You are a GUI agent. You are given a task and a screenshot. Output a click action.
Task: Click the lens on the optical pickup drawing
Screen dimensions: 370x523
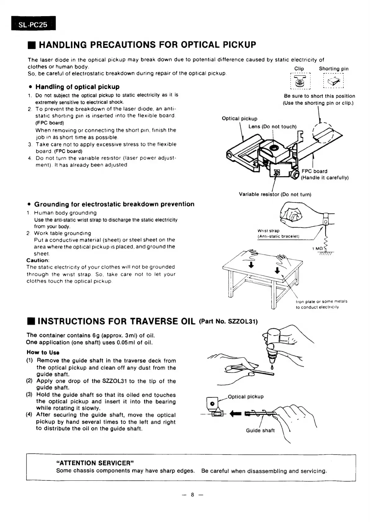pyautogui.click(x=274, y=147)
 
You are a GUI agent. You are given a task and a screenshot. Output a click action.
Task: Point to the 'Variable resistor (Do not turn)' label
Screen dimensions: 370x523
pyautogui.click(x=275, y=195)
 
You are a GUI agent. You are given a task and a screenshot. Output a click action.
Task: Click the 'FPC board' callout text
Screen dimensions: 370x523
pyautogui.click(x=314, y=171)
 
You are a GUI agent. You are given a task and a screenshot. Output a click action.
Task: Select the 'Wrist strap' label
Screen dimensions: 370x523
pyautogui.click(x=268, y=231)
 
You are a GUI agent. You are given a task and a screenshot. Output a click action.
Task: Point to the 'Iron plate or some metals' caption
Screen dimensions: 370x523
pyautogui.click(x=321, y=301)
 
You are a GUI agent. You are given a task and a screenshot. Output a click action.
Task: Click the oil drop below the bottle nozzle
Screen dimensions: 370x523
pyautogui.click(x=272, y=367)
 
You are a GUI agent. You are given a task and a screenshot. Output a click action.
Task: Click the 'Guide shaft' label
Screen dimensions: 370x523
pyautogui.click(x=260, y=430)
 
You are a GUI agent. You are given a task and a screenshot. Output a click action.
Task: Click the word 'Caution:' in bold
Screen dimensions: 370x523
pyautogui.click(x=38, y=260)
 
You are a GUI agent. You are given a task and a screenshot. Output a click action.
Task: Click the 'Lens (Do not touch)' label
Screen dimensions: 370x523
pyautogui.click(x=272, y=126)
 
